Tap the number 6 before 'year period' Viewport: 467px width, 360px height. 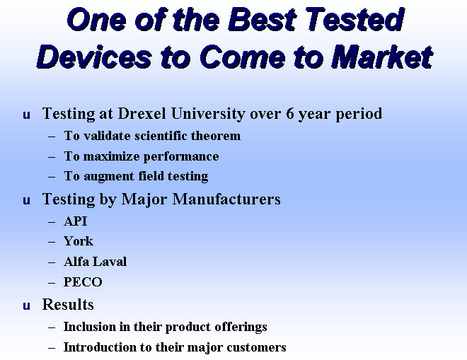290,113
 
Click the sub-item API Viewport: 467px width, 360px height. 75,221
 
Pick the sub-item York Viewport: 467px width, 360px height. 79,241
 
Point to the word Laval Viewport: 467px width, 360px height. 110,262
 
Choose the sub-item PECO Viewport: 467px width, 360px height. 83,281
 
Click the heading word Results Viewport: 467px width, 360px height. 68,304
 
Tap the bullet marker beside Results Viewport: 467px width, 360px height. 26,306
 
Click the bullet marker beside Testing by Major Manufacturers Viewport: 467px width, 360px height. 26,201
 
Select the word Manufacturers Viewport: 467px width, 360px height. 226,199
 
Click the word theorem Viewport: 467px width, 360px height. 216,136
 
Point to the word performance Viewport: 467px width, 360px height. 181,157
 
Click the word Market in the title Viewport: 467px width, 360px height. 382,57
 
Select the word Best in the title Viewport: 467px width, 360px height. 262,20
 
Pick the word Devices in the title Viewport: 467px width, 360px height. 94,57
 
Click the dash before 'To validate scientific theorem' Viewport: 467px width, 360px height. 52,137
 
